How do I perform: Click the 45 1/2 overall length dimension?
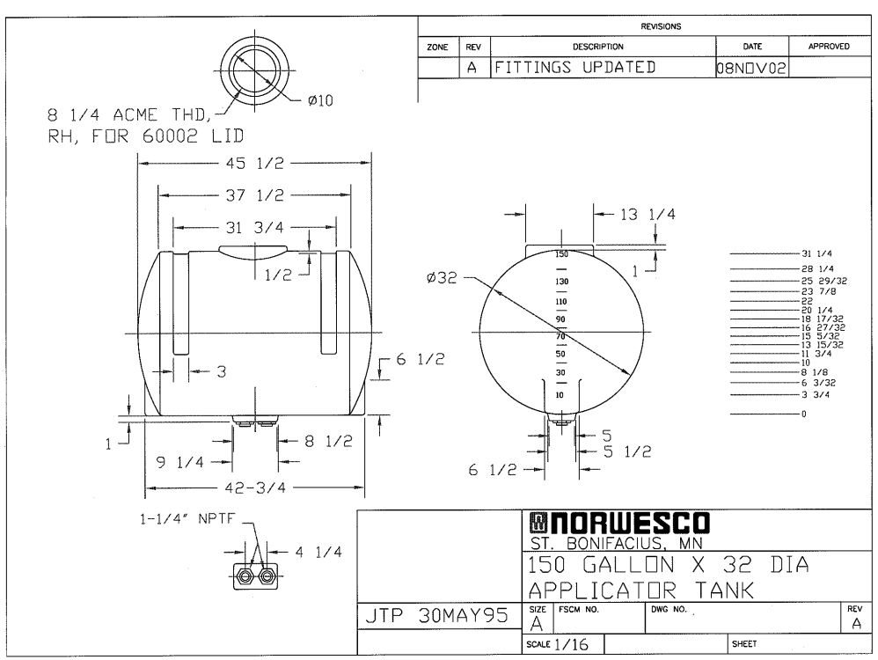tap(255, 163)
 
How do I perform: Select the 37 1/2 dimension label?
tap(255, 195)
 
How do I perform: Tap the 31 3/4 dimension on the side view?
tap(255, 227)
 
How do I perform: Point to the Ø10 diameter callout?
tap(320, 101)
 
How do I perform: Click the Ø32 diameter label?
tap(442, 277)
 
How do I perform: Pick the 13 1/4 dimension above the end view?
tap(648, 214)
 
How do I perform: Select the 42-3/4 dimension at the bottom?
tap(255, 488)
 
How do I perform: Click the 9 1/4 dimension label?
tap(179, 462)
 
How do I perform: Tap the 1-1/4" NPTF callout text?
tap(187, 519)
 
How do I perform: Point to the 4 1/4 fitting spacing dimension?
tap(318, 553)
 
